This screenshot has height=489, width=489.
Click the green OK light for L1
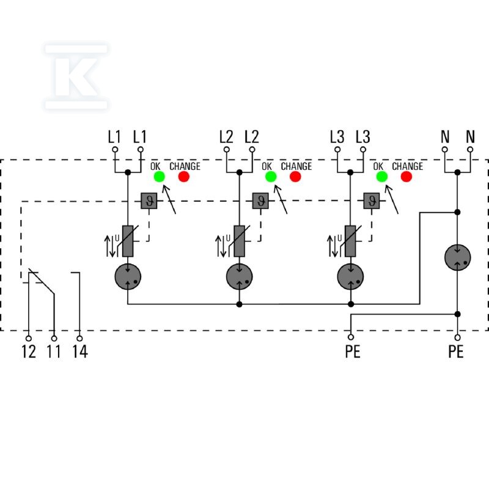[x=160, y=177]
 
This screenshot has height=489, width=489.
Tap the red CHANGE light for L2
[x=295, y=177]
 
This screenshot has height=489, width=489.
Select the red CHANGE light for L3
[x=406, y=177]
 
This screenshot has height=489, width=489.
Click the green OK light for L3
[x=381, y=177]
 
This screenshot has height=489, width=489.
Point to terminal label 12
[x=29, y=351]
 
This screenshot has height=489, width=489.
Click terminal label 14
[x=80, y=351]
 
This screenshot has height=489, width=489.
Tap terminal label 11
[x=54, y=351]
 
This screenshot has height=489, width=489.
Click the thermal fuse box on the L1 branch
[x=149, y=201]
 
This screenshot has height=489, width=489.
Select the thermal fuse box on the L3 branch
[x=372, y=201]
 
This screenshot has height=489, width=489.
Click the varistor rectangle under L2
[x=239, y=241]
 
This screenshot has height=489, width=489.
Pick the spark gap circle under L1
[x=128, y=277]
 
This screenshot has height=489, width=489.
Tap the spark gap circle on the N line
[x=457, y=257]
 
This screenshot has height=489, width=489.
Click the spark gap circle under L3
[x=350, y=277]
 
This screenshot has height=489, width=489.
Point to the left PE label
[x=353, y=351]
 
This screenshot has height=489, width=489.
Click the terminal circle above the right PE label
[x=457, y=337]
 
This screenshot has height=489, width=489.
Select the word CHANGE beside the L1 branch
[x=185, y=166]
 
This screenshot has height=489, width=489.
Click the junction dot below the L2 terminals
[x=239, y=172]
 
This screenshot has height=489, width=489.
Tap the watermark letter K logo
[x=76, y=77]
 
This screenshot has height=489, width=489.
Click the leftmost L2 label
[x=226, y=137]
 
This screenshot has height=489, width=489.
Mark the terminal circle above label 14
[x=79, y=339]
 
